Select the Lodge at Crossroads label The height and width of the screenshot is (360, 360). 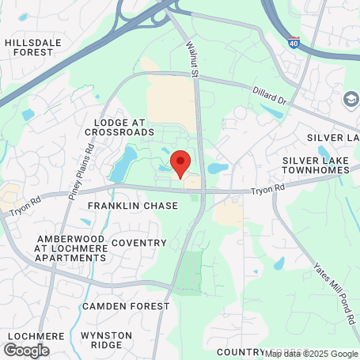coord(123,128)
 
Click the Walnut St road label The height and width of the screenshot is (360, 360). coord(191,60)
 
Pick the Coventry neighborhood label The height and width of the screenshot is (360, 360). coord(138,243)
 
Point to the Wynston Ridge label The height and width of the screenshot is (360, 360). coord(106,340)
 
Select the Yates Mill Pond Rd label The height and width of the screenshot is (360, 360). coord(335,292)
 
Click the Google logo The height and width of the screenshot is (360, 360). coord(26,350)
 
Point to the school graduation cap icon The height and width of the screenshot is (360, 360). coord(350,100)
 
